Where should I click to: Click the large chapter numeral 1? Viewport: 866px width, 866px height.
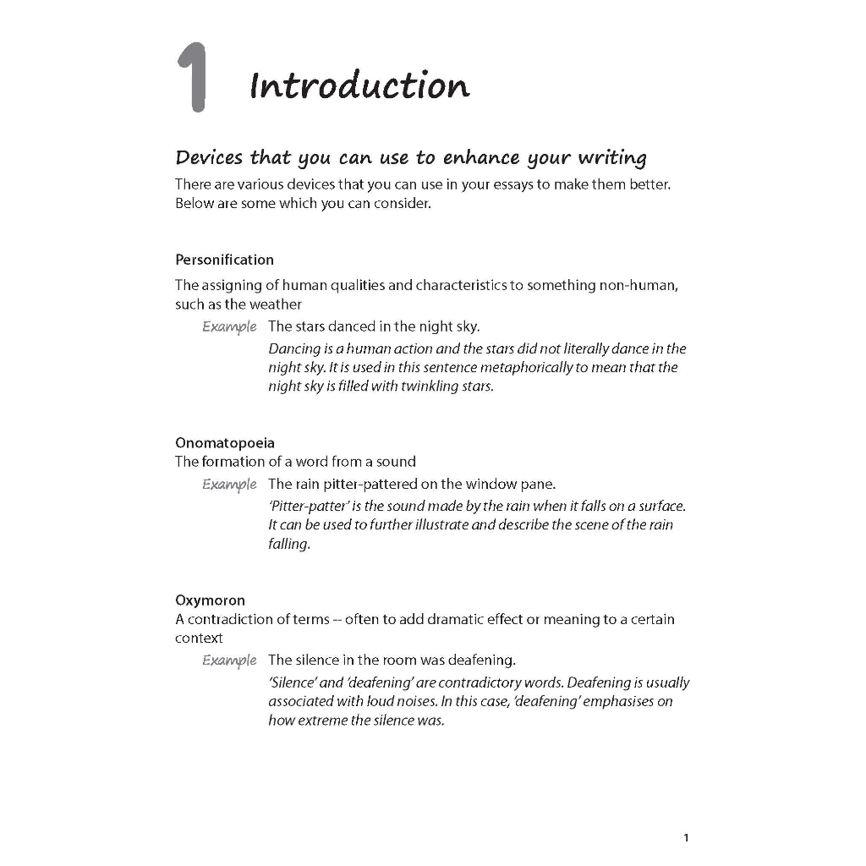194,78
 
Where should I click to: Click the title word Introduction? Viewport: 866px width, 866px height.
359,85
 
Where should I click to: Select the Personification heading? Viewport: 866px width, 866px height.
224,260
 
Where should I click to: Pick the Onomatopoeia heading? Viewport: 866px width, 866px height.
224,442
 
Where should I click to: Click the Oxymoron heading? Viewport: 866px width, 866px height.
210,600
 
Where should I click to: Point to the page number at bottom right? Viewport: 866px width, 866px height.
686,837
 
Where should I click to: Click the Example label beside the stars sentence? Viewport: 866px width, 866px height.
229,326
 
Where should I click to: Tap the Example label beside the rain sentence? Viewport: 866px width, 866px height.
229,485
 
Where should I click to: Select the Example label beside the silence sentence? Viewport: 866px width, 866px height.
229,660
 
